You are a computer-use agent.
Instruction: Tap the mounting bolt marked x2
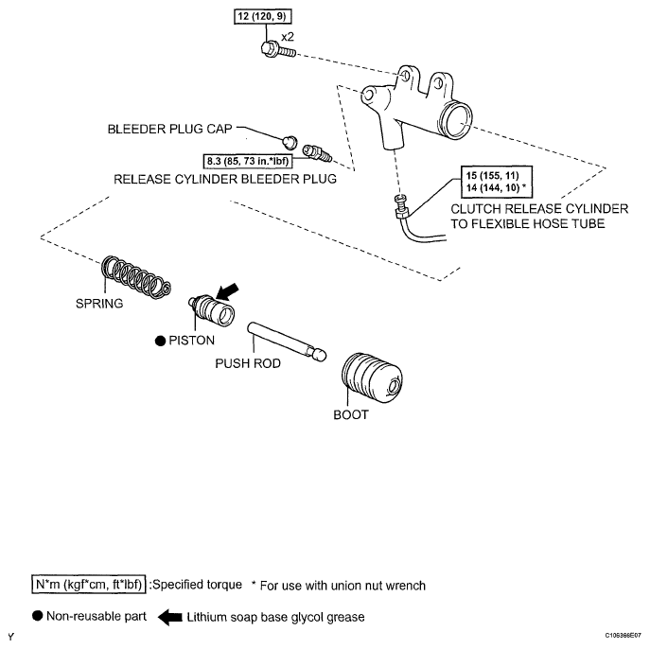click(278, 50)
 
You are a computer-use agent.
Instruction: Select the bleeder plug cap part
click(290, 141)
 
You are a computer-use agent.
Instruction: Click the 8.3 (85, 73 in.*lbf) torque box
click(248, 161)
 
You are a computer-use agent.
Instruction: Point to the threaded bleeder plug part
click(317, 153)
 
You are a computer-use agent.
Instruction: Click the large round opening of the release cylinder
click(456, 120)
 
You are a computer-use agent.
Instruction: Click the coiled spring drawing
click(136, 277)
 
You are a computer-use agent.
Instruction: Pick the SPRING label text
click(99, 304)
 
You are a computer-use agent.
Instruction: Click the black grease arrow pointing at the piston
click(227, 291)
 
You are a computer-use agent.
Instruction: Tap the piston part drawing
click(212, 311)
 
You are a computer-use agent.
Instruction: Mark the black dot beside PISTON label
click(160, 342)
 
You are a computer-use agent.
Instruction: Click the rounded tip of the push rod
click(319, 356)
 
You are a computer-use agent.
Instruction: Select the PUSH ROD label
click(248, 363)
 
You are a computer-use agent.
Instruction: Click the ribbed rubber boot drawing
click(372, 378)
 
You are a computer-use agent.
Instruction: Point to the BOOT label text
click(351, 414)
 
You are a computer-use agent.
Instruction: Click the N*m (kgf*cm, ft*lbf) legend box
click(89, 585)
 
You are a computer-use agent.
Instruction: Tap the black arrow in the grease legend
click(170, 617)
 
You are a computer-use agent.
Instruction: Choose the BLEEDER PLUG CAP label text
click(170, 129)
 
